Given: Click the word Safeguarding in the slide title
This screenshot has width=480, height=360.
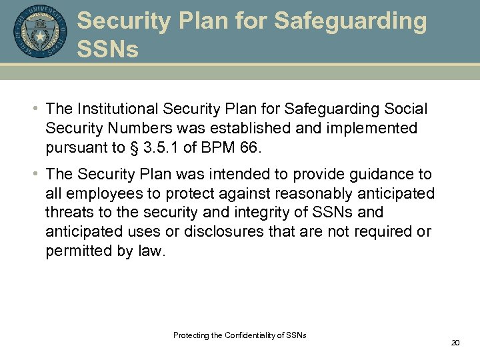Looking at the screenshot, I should [x=350, y=21].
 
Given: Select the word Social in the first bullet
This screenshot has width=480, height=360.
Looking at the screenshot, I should [x=403, y=109].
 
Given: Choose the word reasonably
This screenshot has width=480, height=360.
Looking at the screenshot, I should [x=289, y=194].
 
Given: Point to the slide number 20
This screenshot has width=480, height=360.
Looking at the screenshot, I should [x=456, y=343].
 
